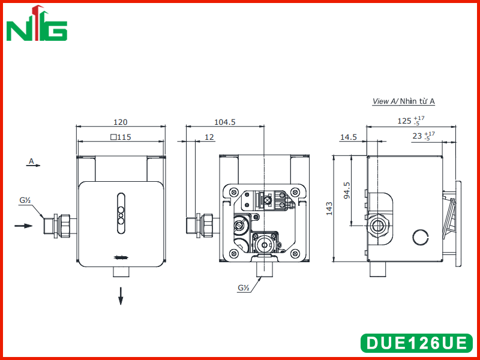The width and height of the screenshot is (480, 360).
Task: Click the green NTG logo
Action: pyautogui.click(x=37, y=23)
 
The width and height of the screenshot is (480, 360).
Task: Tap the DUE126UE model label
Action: pyautogui.click(x=416, y=343)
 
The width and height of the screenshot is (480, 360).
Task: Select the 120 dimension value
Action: pyautogui.click(x=121, y=122)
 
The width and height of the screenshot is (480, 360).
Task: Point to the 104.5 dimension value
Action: pyautogui.click(x=224, y=122)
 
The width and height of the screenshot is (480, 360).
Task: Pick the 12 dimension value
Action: pyautogui.click(x=209, y=137)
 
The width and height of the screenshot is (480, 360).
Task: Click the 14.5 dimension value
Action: pyautogui.click(x=349, y=137)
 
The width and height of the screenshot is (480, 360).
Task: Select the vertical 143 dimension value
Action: pyautogui.click(x=329, y=208)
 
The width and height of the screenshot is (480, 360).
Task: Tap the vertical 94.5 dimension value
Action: pyautogui.click(x=347, y=190)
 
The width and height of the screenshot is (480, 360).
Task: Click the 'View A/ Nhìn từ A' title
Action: pyautogui.click(x=403, y=101)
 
